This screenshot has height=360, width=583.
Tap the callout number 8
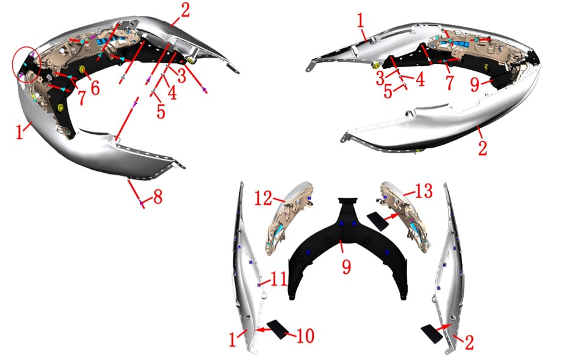[158, 196]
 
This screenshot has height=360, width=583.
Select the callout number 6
[95, 88]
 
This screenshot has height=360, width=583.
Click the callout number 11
[278, 279]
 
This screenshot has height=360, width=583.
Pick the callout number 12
[263, 198]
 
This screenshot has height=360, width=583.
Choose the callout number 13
[424, 190]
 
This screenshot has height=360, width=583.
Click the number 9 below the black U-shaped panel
[346, 267]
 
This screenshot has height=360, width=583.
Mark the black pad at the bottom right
[432, 334]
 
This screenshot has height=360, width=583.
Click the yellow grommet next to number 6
[82, 70]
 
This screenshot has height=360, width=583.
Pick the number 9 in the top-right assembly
[475, 84]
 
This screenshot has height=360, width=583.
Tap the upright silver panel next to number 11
[247, 267]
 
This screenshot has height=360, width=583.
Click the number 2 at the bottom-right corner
[469, 342]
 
